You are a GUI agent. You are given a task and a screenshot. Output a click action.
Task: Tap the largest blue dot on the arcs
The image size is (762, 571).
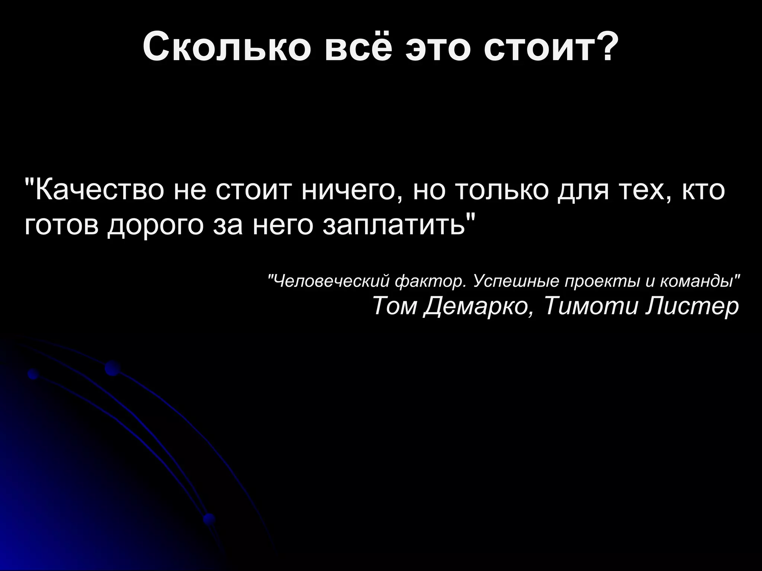[x=112, y=368]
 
